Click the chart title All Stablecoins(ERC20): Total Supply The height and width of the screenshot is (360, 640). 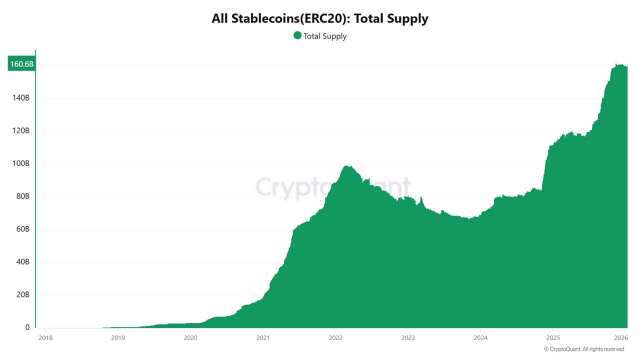coord(320,19)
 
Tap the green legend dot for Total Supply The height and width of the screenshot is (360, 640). coord(297,35)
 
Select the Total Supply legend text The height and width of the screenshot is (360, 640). coord(325,36)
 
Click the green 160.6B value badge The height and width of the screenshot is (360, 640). coord(21,64)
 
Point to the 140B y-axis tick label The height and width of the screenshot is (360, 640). coord(20,98)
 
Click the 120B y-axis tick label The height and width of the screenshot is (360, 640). coord(20,131)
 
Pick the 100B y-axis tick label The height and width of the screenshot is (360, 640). coord(20,163)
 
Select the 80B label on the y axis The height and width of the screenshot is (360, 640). coord(22,196)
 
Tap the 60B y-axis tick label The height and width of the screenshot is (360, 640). coord(22,229)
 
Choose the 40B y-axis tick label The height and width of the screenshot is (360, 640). coord(22,262)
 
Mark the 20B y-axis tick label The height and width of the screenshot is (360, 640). coord(22,295)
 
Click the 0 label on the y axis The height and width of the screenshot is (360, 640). coord(27,327)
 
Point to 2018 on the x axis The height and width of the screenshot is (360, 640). coord(45,337)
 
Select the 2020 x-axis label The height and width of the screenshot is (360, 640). coord(190,337)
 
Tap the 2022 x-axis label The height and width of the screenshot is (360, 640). coord(335,337)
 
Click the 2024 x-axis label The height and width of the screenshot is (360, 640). coord(480,337)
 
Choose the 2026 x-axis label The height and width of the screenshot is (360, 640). coord(620,337)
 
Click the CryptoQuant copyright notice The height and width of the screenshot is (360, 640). coord(584,349)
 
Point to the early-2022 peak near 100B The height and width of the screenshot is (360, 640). coord(346,166)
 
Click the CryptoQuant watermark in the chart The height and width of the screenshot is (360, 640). coord(332,187)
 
